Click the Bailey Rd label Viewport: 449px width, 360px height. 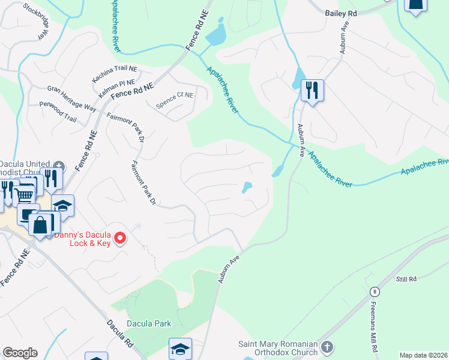click(x=342, y=13)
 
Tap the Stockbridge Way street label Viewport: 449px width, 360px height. click(x=34, y=22)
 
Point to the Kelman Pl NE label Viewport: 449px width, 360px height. click(x=118, y=88)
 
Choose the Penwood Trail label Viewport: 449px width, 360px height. click(x=58, y=112)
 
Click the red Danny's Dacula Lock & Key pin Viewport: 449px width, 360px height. click(x=120, y=238)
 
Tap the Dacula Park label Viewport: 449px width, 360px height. click(x=149, y=323)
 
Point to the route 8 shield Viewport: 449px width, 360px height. click(x=375, y=291)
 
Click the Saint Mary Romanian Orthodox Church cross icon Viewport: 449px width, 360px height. click(x=327, y=347)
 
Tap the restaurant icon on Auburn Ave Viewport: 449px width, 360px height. click(x=312, y=91)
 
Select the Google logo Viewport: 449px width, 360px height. click(x=20, y=353)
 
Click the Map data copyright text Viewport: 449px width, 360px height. click(x=423, y=355)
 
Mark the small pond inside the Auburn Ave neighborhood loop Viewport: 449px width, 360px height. click(x=247, y=188)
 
